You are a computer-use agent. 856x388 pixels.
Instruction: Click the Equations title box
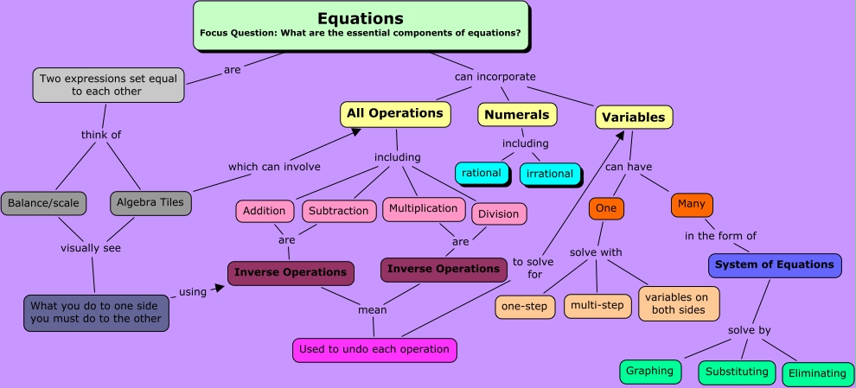[360, 25]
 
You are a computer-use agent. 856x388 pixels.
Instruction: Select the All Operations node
[395, 113]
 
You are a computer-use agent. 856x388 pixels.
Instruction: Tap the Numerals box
[517, 115]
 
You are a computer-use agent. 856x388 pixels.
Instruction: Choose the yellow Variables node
[633, 117]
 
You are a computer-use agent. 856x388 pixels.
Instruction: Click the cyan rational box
[481, 173]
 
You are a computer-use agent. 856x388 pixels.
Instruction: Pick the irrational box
[549, 174]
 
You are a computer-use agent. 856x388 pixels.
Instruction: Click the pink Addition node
[264, 210]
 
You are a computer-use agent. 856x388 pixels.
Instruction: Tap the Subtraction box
[338, 210]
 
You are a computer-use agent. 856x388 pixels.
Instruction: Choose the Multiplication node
[423, 208]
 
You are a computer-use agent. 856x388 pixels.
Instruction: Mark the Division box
[498, 213]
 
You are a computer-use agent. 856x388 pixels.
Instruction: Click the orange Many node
[691, 205]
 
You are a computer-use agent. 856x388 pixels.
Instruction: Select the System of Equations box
[774, 264]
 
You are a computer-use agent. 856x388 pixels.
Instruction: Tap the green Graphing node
[649, 371]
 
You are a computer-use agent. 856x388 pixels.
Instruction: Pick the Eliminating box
[816, 373]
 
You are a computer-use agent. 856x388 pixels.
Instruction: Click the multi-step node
[597, 304]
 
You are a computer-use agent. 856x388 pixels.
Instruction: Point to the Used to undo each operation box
[374, 349]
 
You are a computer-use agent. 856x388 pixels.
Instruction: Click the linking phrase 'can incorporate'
[495, 76]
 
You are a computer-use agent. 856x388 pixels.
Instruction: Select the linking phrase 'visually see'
[90, 248]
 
